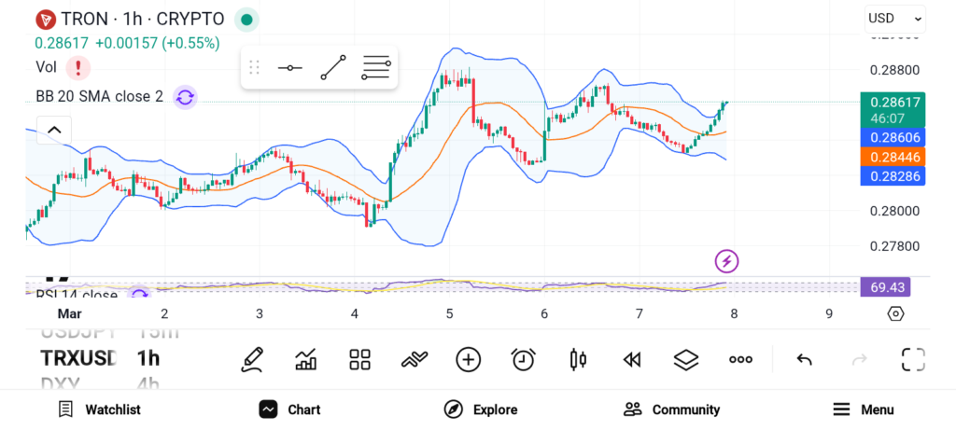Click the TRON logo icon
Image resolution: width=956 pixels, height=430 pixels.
(45, 19)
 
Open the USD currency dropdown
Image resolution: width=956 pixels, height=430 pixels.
(894, 18)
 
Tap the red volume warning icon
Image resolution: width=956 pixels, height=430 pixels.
(78, 67)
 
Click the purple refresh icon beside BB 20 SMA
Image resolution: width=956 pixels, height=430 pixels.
(185, 96)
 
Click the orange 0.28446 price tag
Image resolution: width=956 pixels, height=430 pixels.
(894, 157)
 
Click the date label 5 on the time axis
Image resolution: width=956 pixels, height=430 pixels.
(449, 314)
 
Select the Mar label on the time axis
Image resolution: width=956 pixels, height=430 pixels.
(70, 314)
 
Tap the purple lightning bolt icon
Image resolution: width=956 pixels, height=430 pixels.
(727, 261)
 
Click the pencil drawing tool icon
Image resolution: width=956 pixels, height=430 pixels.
(251, 359)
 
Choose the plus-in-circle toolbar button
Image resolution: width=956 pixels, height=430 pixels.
(468, 359)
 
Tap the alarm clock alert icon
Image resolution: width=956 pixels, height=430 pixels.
(523, 359)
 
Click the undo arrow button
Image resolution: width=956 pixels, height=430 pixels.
(804, 359)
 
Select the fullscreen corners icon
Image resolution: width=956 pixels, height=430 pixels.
(912, 359)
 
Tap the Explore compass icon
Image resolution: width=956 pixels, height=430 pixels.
(454, 409)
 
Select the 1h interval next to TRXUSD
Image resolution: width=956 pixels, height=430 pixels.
(148, 358)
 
